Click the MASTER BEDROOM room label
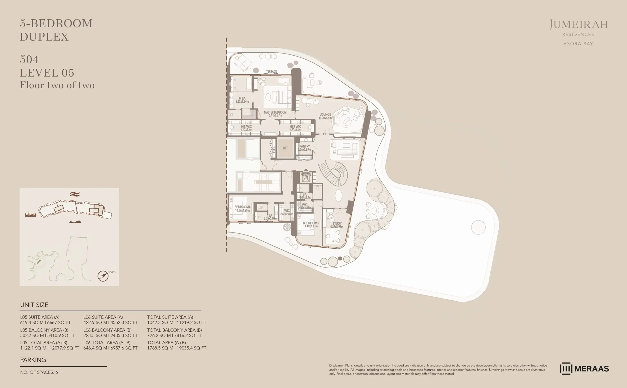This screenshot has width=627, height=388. coord(275,112)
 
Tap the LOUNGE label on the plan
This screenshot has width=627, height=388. coord(325,115)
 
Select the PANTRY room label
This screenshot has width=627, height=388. coord(304,146)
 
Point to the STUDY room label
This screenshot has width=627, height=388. coord(337,223)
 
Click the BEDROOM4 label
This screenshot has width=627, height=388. coord(242,207)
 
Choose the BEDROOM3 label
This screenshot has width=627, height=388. coord(311,223)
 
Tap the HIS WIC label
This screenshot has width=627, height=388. coord(246,127)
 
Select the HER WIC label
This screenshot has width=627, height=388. coord(295,127)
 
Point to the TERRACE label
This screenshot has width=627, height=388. coord(271,72)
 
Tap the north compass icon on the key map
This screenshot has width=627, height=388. coord(103,276)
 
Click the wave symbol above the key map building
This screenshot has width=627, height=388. coord(75,194)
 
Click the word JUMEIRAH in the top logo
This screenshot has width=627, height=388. coord(578,25)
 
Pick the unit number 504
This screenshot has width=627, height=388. coord(29,60)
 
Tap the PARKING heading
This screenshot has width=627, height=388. coord(33,360)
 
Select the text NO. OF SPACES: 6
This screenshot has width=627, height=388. coord(39,372)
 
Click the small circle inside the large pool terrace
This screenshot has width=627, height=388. coord(478,227)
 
